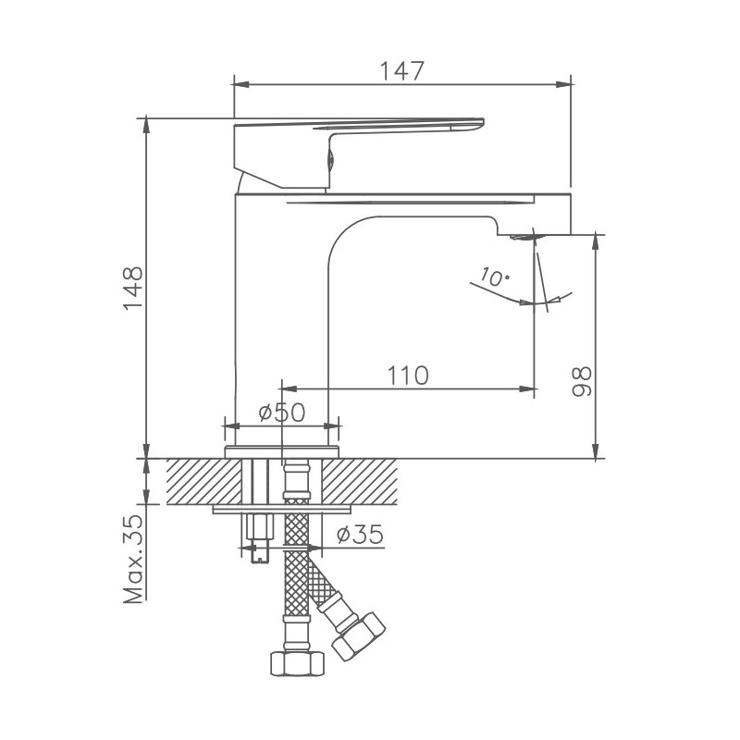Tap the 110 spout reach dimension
point(407,375)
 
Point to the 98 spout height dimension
point(580,382)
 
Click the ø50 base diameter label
point(281,413)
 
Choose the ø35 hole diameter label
point(355,536)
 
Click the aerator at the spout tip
point(524,237)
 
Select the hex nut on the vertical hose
point(295,663)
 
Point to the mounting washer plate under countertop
point(282,509)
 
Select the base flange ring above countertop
point(282,451)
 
